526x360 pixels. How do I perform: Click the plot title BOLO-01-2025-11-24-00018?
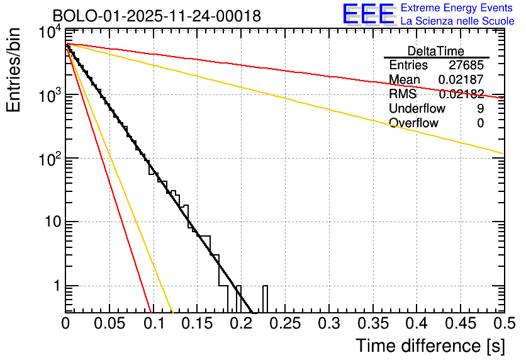(157, 16)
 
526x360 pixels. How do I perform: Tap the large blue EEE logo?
(368, 14)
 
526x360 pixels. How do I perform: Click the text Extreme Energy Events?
(457, 8)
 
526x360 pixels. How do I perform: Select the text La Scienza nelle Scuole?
(457, 21)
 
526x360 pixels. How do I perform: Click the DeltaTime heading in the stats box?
(436, 51)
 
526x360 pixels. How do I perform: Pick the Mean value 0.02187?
(461, 80)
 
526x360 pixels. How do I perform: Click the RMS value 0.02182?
(461, 94)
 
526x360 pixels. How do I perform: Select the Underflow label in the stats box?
(417, 108)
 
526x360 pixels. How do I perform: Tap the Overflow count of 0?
(480, 123)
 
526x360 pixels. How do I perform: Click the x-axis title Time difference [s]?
(430, 346)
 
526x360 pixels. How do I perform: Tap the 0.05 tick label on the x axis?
(109, 323)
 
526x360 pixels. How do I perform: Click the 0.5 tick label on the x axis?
(502, 323)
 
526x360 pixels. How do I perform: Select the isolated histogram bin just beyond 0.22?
(265, 298)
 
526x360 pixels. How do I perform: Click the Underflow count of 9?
(480, 108)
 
